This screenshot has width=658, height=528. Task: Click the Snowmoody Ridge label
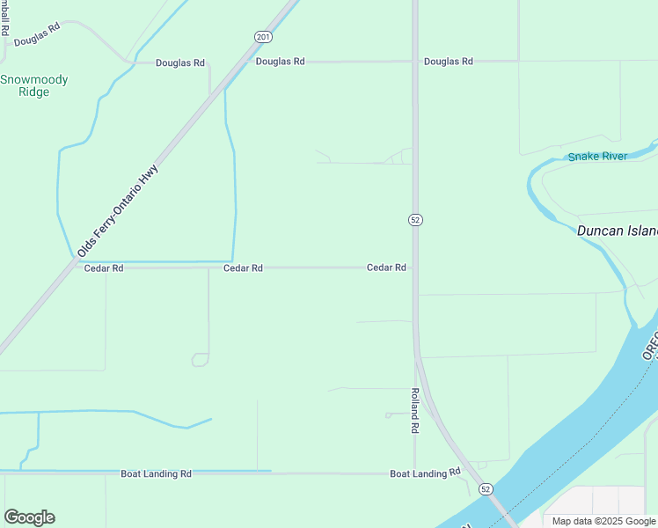(x=34, y=85)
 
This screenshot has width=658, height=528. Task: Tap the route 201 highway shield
(x=263, y=36)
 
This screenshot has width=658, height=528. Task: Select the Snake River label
(x=597, y=157)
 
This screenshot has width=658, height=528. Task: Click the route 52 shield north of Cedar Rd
(x=414, y=219)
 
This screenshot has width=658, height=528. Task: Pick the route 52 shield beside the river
(x=485, y=488)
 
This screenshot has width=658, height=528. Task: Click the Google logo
(x=29, y=517)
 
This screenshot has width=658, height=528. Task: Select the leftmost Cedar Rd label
(x=104, y=268)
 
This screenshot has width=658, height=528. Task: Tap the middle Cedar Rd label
(x=243, y=268)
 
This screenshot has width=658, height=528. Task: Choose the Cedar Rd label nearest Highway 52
(x=386, y=267)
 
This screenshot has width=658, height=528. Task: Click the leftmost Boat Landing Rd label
(x=156, y=473)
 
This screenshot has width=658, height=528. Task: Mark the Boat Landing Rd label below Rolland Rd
(x=425, y=473)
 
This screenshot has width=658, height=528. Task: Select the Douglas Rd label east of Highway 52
(x=448, y=62)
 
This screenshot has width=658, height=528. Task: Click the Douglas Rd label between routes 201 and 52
(x=280, y=62)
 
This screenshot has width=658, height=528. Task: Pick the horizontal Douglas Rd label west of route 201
(x=180, y=62)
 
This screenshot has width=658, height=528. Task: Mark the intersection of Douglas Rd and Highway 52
(x=415, y=62)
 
